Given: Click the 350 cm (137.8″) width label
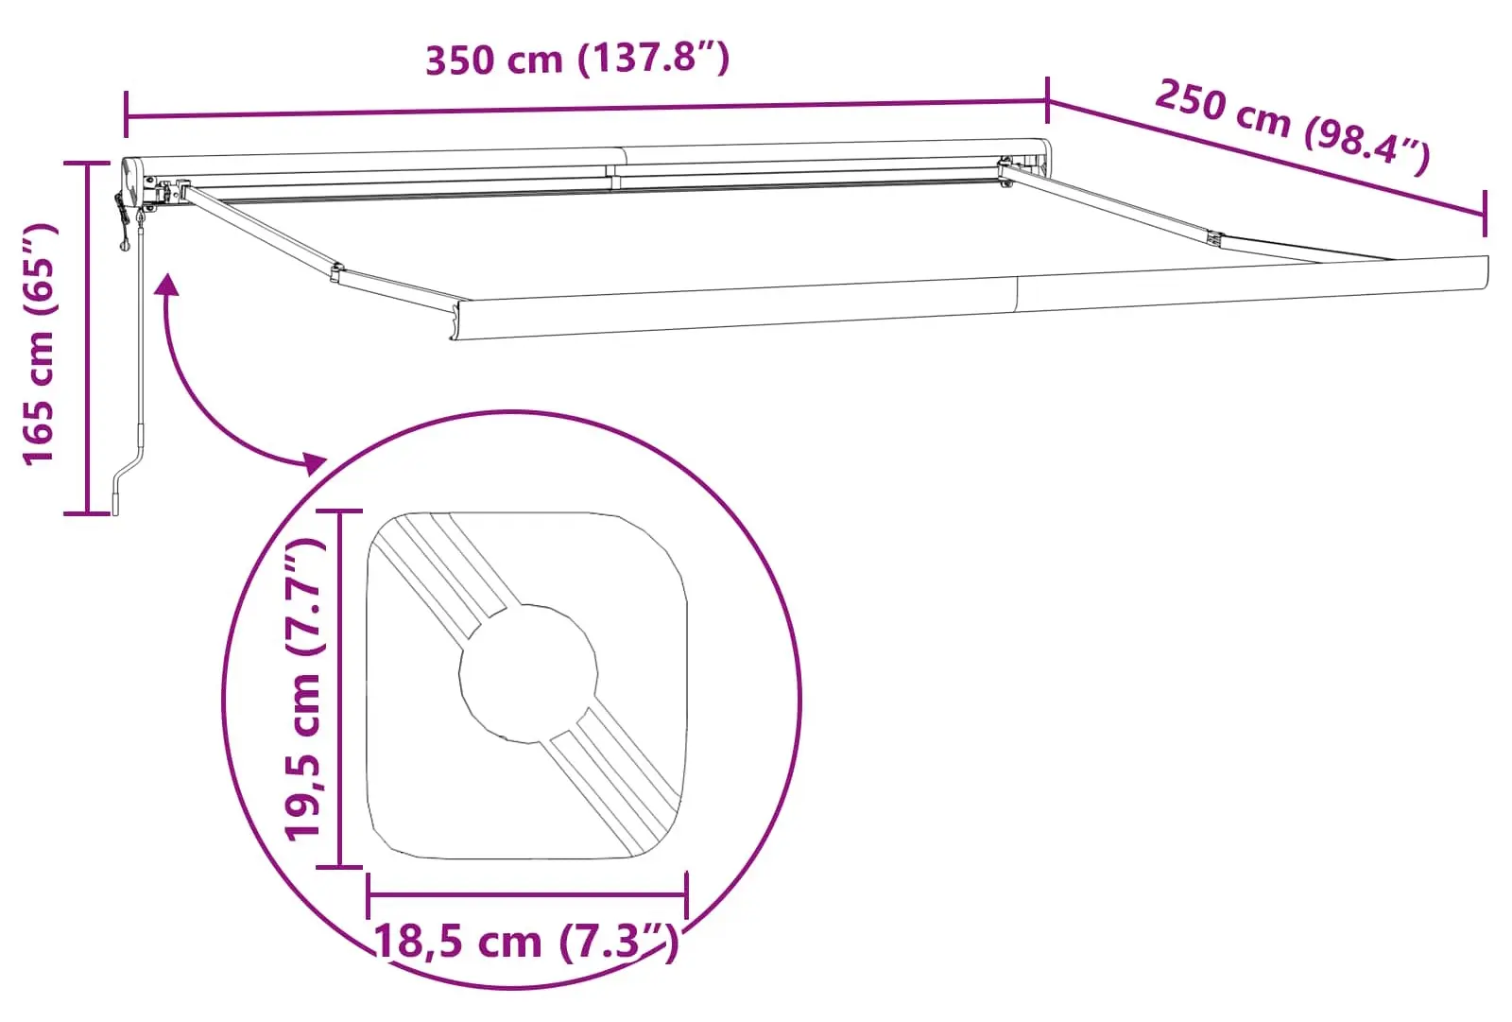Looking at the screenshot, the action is [x=577, y=59].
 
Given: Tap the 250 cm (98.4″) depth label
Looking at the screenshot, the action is [x=1292, y=128].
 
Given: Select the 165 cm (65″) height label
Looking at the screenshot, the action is [x=40, y=344].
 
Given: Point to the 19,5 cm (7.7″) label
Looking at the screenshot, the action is [x=304, y=689].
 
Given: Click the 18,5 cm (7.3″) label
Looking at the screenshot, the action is [x=525, y=942].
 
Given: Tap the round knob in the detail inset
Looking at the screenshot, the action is [x=528, y=673].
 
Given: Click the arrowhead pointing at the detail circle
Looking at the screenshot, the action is [x=315, y=464].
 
